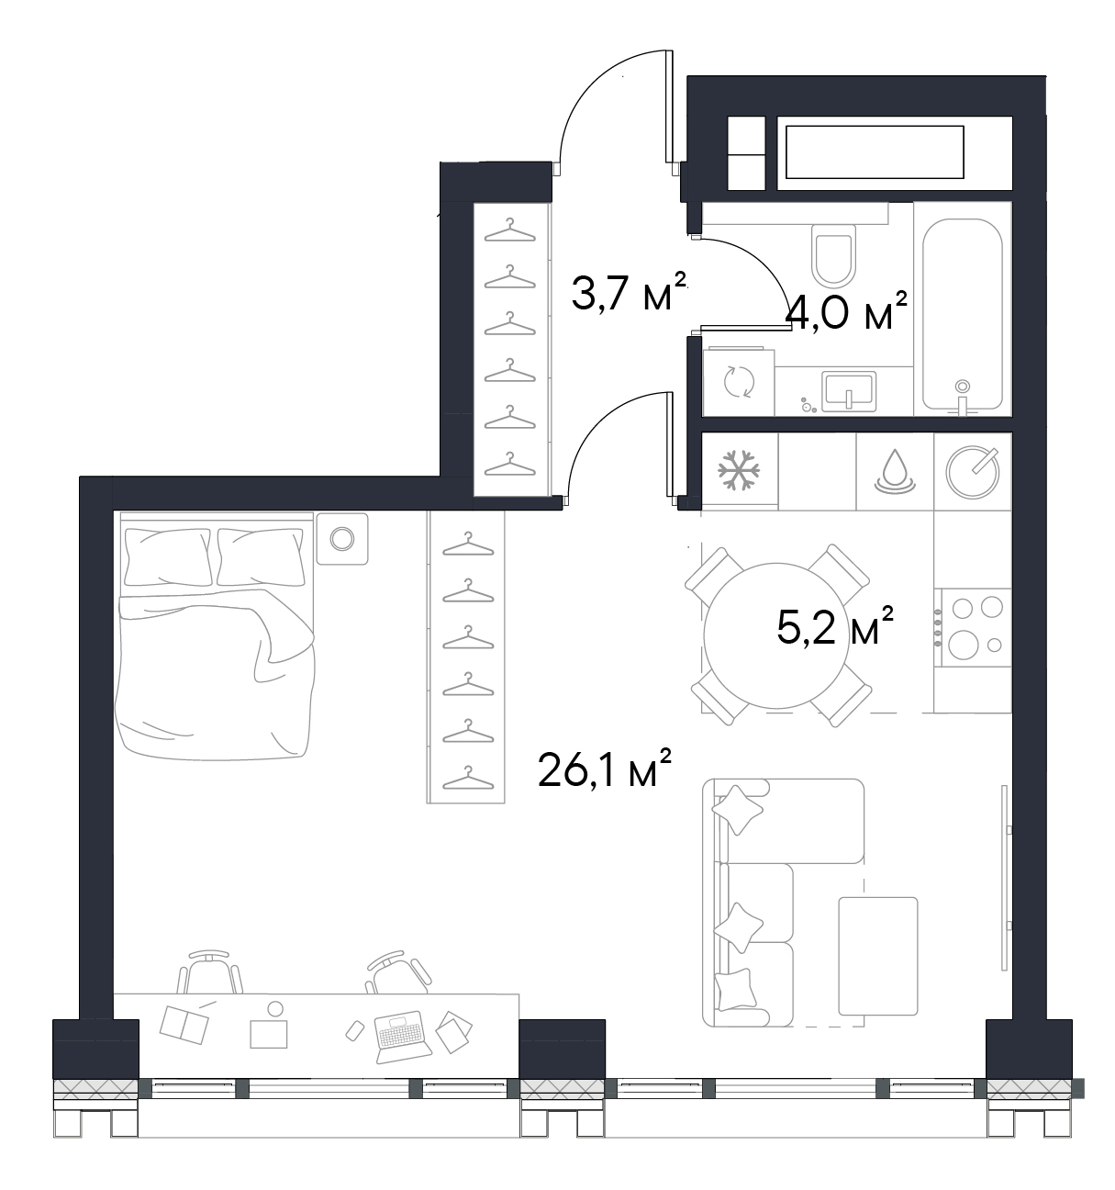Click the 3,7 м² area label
click(x=629, y=292)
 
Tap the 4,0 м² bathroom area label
click(x=848, y=311)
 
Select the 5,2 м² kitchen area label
click(x=834, y=625)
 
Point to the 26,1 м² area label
click(x=604, y=769)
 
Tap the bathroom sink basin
click(x=848, y=391)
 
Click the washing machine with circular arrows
click(x=738, y=382)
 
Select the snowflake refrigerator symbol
click(x=739, y=469)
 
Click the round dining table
click(x=776, y=635)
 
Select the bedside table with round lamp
click(x=342, y=538)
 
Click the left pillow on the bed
click(x=168, y=556)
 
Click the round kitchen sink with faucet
click(x=973, y=472)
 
